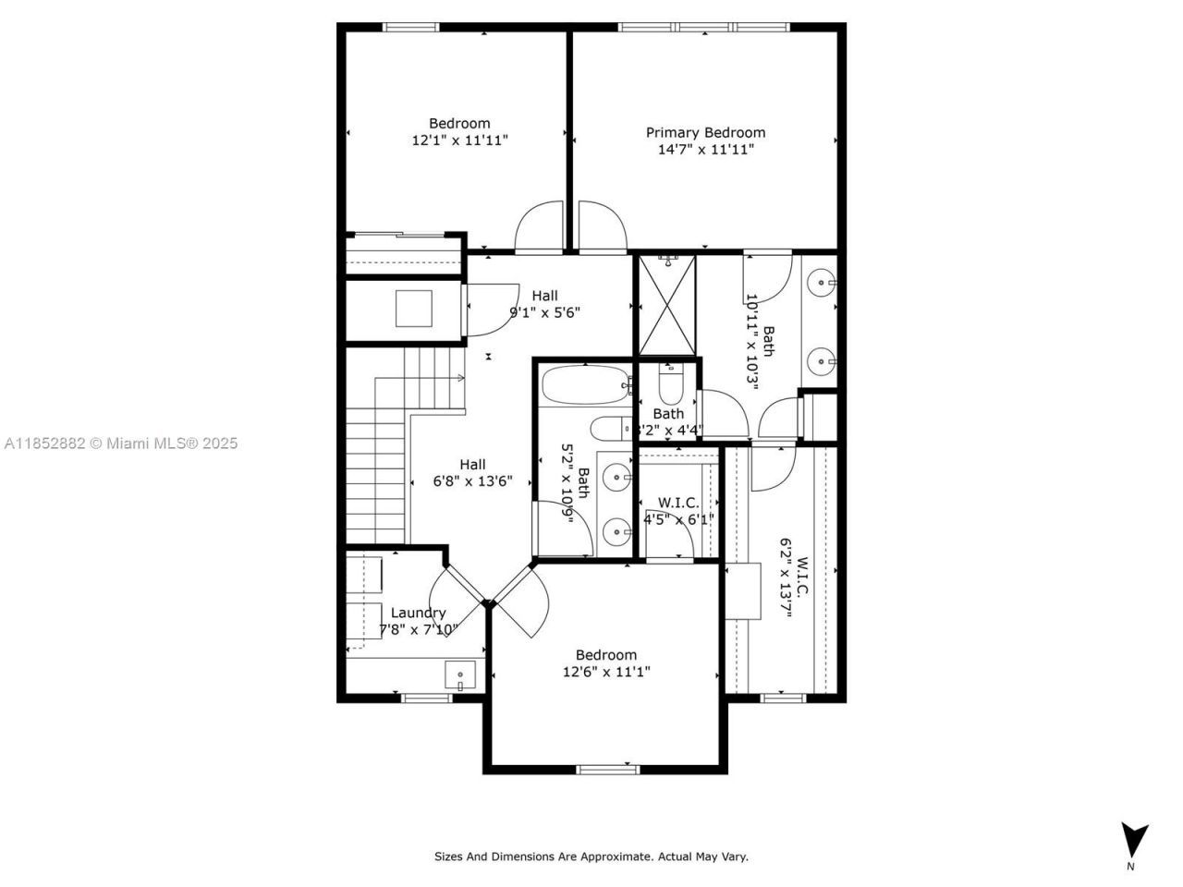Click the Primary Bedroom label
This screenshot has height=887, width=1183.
(x=705, y=132)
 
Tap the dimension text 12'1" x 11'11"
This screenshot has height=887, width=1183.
(x=459, y=140)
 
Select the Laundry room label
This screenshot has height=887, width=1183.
(x=418, y=613)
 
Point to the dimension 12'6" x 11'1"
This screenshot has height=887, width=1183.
(x=606, y=672)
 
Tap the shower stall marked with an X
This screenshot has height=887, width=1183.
(x=665, y=305)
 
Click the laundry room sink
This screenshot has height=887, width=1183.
(x=459, y=675)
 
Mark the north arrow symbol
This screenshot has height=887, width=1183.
(x=1133, y=840)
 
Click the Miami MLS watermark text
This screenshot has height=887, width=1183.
(x=120, y=443)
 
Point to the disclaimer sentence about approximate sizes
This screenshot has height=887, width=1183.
(x=591, y=857)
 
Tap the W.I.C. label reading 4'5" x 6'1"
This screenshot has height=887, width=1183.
(x=678, y=510)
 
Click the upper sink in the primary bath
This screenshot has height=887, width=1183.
(x=821, y=282)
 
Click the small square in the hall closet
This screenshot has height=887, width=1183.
(x=413, y=308)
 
